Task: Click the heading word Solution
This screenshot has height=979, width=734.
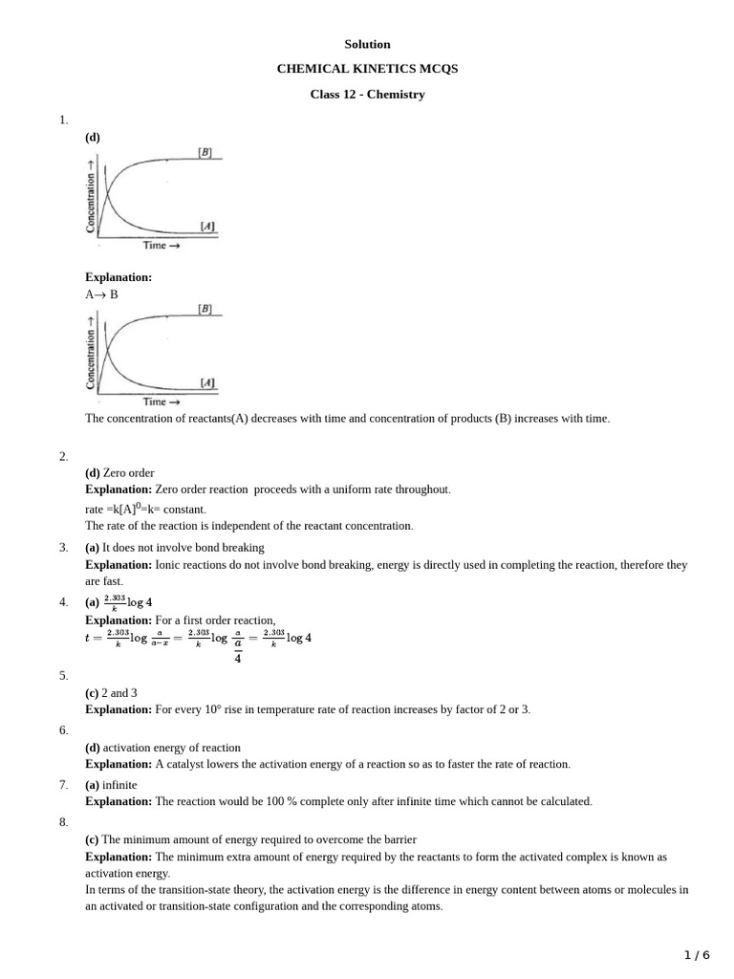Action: click(x=367, y=44)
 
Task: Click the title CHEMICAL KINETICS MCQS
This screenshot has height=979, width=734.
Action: click(x=367, y=69)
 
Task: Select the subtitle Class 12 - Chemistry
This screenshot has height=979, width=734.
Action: click(x=367, y=95)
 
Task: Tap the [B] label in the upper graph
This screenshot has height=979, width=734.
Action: click(x=205, y=152)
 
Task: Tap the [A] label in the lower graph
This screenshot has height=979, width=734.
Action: click(x=207, y=383)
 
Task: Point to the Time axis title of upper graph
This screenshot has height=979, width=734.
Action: click(x=155, y=246)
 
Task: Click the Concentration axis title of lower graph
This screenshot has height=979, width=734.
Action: click(x=92, y=356)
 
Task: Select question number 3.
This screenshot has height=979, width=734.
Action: click(x=63, y=548)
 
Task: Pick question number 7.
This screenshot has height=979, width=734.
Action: click(x=63, y=785)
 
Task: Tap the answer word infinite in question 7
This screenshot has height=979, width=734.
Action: click(x=119, y=785)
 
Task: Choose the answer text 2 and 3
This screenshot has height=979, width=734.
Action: click(x=120, y=692)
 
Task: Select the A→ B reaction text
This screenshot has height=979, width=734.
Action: click(x=101, y=294)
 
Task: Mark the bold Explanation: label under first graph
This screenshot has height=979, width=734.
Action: click(x=119, y=277)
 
